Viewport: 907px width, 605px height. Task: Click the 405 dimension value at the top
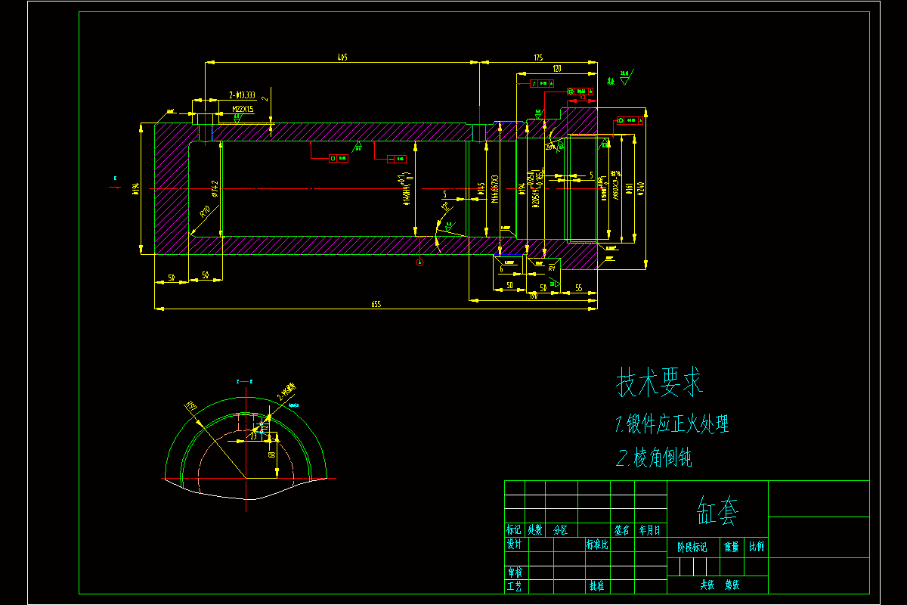click(342, 57)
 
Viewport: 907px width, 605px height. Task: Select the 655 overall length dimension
click(376, 304)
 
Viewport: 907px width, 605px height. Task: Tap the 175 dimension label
click(538, 57)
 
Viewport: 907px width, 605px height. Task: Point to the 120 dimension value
click(557, 69)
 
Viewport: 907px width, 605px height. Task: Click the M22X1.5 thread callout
click(243, 109)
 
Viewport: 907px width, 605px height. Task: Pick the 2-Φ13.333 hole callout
click(242, 96)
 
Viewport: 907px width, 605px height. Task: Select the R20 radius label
click(204, 213)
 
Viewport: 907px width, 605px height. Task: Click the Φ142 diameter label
click(215, 188)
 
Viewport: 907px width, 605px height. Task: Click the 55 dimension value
click(578, 287)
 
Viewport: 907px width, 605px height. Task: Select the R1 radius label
click(553, 268)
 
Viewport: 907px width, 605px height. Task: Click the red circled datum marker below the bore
click(420, 262)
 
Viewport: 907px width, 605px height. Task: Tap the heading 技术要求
click(660, 383)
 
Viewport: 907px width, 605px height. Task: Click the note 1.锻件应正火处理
click(673, 424)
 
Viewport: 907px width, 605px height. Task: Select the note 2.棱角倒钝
click(655, 458)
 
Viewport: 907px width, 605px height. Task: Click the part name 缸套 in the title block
click(717, 512)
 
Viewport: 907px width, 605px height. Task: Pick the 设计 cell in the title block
click(514, 544)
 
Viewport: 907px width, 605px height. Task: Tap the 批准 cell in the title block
click(596, 586)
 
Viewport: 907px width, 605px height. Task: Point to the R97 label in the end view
click(191, 408)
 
